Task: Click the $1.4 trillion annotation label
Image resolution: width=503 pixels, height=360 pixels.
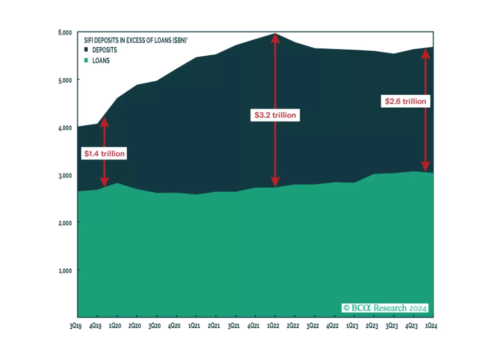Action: (104, 154)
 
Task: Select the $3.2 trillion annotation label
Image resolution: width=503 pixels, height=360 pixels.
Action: (275, 115)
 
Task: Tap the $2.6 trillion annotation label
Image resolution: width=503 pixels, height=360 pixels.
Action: (405, 101)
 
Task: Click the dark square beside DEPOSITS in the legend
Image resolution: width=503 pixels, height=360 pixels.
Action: (86, 50)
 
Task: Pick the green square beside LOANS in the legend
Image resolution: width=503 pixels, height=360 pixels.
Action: (86, 60)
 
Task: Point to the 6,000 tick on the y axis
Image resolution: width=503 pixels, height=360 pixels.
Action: (65, 32)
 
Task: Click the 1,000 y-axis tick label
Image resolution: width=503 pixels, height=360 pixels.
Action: (65, 271)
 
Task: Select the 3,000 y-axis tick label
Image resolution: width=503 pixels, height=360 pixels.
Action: (65, 176)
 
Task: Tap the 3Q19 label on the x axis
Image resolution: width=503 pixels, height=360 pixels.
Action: (76, 326)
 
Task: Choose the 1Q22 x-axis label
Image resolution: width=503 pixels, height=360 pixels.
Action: (273, 326)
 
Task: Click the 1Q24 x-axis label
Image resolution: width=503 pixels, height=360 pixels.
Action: (431, 326)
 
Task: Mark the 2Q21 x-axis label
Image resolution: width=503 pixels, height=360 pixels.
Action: (214, 326)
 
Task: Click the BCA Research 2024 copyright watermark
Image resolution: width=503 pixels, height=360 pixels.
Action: (385, 308)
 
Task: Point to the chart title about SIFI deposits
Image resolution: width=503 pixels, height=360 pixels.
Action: (136, 40)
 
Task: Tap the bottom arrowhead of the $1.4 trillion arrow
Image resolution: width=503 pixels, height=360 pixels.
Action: (104, 182)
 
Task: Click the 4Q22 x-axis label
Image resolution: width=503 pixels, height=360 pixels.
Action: (332, 326)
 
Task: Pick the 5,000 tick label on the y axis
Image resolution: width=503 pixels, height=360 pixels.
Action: (65, 80)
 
